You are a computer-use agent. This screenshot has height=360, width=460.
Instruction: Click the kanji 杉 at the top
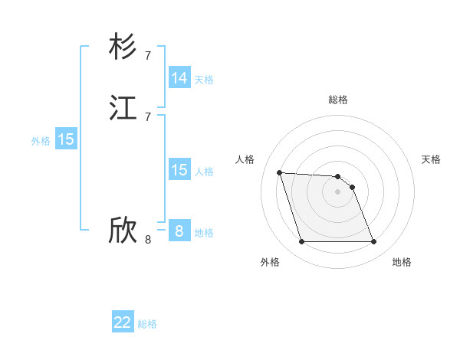[123, 47]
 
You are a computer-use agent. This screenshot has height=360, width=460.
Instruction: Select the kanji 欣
[123, 231]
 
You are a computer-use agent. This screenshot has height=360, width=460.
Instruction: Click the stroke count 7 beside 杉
[148, 55]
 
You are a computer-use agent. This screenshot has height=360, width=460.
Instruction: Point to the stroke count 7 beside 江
[148, 116]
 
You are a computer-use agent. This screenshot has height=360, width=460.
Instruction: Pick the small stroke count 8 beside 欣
[148, 239]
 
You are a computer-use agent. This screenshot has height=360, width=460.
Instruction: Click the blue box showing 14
[179, 78]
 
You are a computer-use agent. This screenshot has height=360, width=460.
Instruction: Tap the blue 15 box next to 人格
[179, 170]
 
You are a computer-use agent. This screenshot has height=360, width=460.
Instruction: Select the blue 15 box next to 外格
[66, 139]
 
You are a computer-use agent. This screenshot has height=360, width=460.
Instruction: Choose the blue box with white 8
[179, 231]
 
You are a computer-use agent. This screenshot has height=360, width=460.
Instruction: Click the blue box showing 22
[123, 322]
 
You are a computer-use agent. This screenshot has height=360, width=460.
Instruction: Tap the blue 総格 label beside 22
[147, 324]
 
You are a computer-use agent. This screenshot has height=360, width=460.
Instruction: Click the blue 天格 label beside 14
[204, 80]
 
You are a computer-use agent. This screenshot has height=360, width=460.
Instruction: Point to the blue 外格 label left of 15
[41, 141]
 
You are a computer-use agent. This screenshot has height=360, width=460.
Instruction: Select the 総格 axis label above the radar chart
[338, 100]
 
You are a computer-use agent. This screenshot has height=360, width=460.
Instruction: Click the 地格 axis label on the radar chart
[402, 262]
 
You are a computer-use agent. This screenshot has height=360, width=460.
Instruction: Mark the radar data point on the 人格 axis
[279, 172]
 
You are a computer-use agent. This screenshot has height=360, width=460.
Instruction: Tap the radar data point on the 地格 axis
[374, 242]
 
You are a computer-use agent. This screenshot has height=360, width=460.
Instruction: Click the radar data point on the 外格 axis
[301, 242]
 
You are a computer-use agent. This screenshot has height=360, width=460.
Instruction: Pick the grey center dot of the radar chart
[338, 191]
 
